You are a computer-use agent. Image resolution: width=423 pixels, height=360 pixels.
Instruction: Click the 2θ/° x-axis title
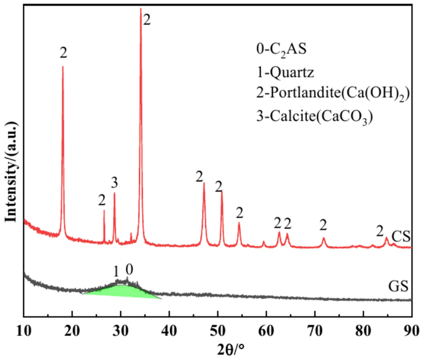tap(217, 346)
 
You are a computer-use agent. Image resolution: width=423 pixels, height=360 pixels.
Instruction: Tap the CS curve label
tap(401, 235)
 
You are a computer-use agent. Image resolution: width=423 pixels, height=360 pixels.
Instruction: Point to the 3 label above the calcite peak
tap(114, 182)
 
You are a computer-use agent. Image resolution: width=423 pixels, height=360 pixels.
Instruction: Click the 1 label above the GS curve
tap(115, 271)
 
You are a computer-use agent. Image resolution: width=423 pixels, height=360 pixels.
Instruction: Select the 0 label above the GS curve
tap(128, 269)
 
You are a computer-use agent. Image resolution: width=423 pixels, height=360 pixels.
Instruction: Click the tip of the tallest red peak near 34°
tap(141, 9)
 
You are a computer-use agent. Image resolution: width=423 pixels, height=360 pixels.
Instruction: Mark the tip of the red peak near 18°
tap(63, 67)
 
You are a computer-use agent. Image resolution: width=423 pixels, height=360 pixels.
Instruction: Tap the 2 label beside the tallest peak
tap(146, 20)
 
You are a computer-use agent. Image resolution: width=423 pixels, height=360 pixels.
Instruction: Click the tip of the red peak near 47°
tap(204, 183)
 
